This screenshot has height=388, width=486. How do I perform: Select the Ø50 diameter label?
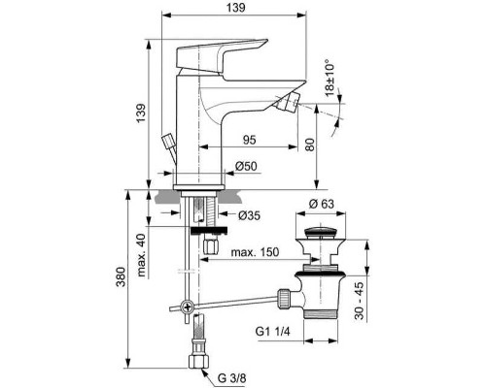(x=247, y=168)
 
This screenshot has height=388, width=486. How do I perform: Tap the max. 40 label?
(x=141, y=254)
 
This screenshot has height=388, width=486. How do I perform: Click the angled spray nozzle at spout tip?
(x=288, y=104)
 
